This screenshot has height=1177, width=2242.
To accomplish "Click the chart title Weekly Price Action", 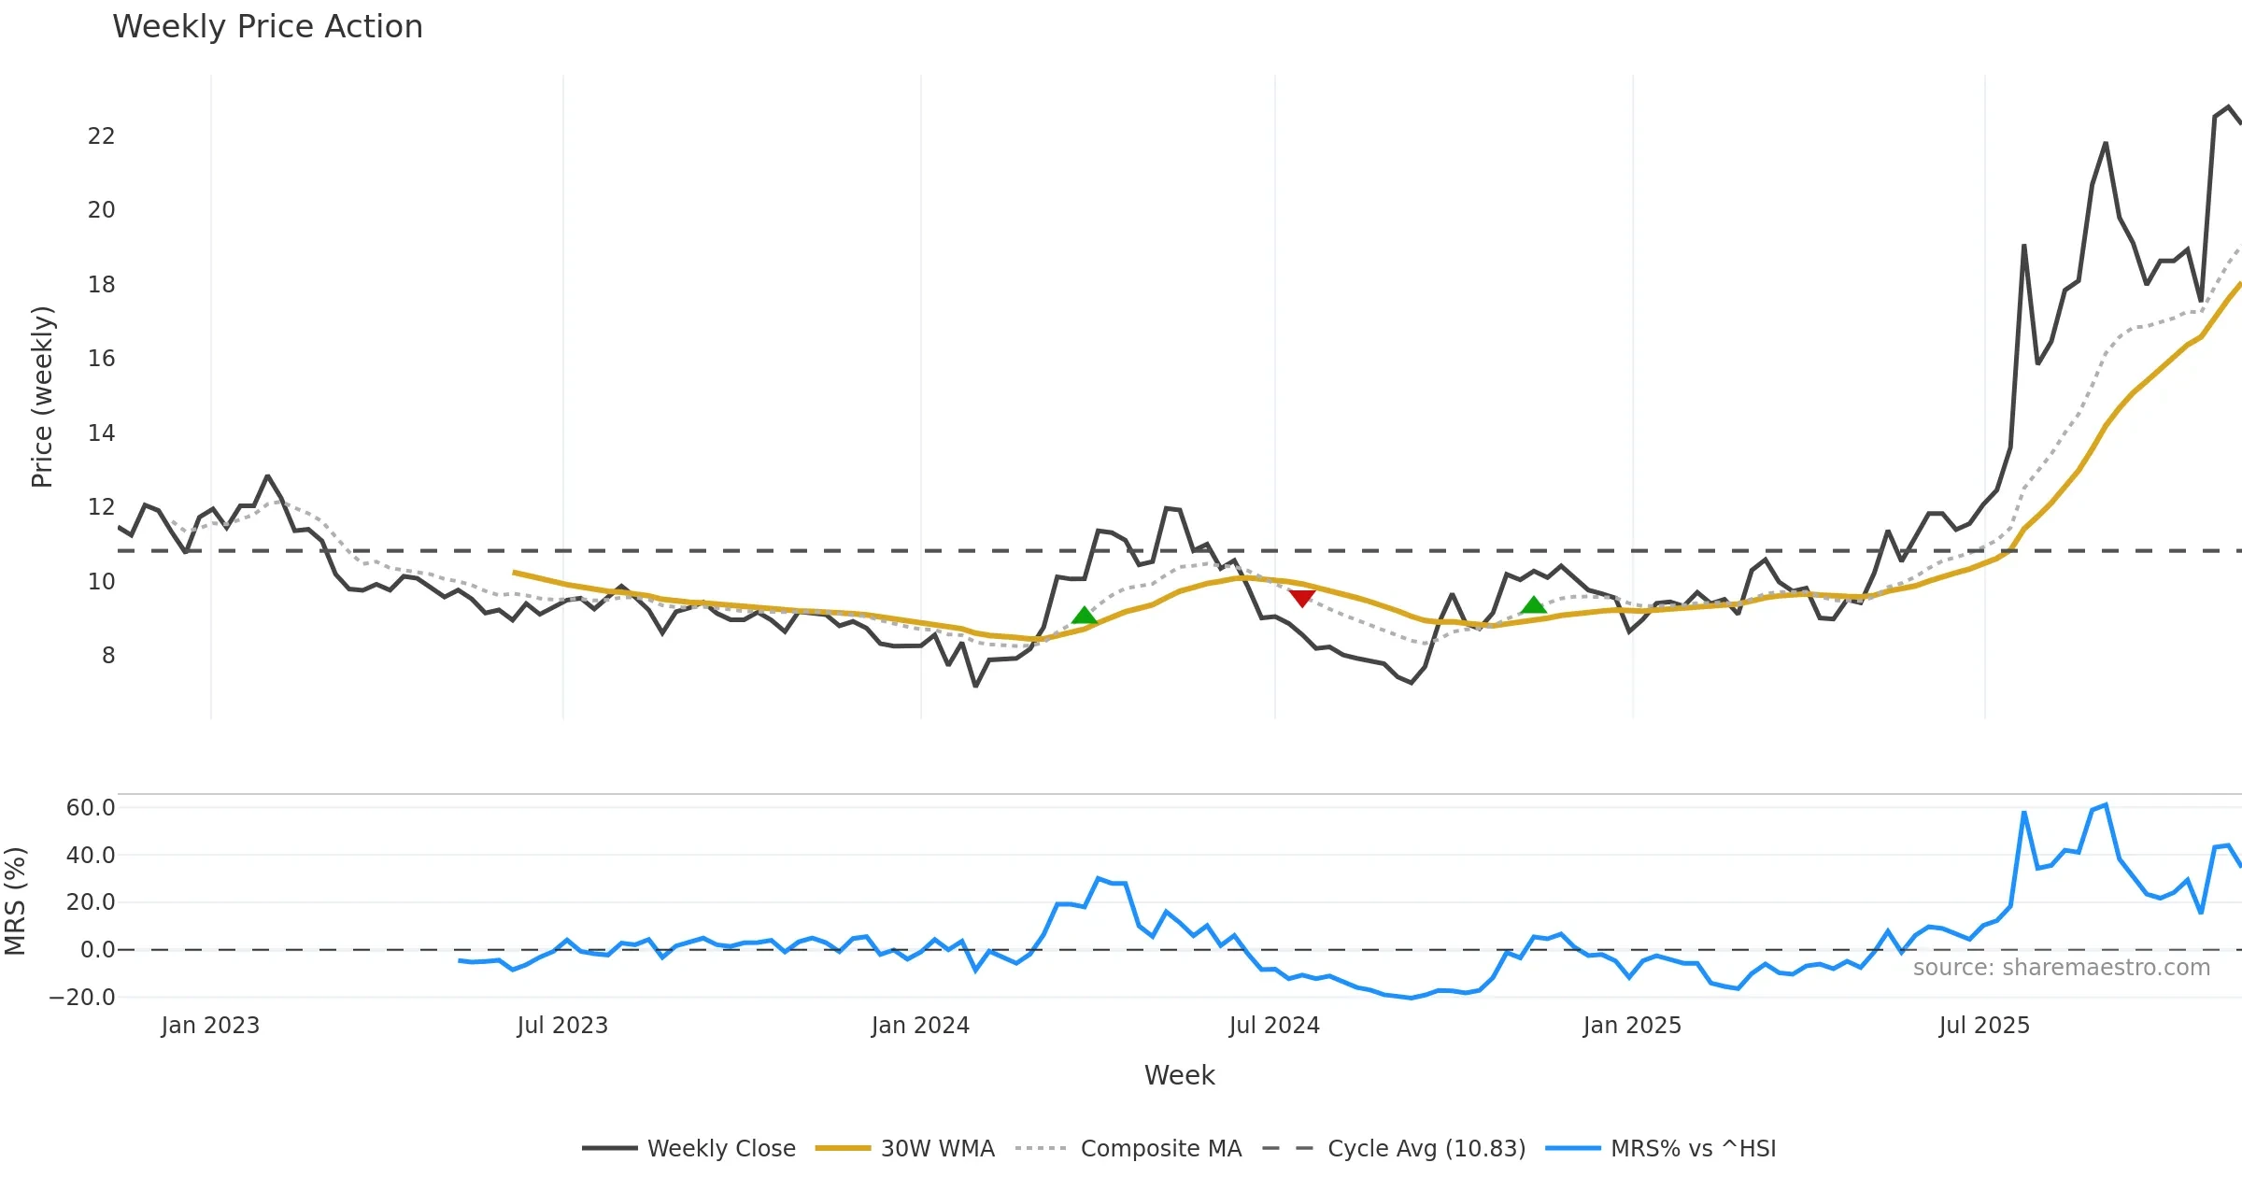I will [x=267, y=27].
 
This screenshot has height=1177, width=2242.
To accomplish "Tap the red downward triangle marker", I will [x=1301, y=598].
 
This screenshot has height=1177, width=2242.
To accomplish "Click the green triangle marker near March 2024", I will [x=1084, y=615].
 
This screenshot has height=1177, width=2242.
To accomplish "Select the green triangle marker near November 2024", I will [x=1533, y=605].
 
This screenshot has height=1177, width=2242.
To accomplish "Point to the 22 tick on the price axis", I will [x=101, y=136].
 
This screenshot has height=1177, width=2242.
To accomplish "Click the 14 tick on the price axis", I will [x=101, y=433].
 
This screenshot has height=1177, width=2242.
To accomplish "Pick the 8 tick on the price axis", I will [x=108, y=656].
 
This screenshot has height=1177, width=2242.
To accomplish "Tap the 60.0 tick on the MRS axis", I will [x=90, y=808].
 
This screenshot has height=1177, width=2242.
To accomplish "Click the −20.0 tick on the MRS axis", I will [x=82, y=998].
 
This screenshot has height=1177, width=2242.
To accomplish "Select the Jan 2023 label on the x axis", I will [x=210, y=1026].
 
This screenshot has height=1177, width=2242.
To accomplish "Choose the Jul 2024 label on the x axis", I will [x=1274, y=1026].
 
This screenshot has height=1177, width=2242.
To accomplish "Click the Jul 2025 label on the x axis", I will [x=1984, y=1026].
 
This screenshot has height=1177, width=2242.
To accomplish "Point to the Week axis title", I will [x=1179, y=1076].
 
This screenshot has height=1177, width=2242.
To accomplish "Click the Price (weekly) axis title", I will [x=43, y=397].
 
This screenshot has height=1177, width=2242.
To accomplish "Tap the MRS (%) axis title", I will [x=15, y=901].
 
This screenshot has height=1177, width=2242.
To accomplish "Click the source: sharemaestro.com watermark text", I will [x=2061, y=968].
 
